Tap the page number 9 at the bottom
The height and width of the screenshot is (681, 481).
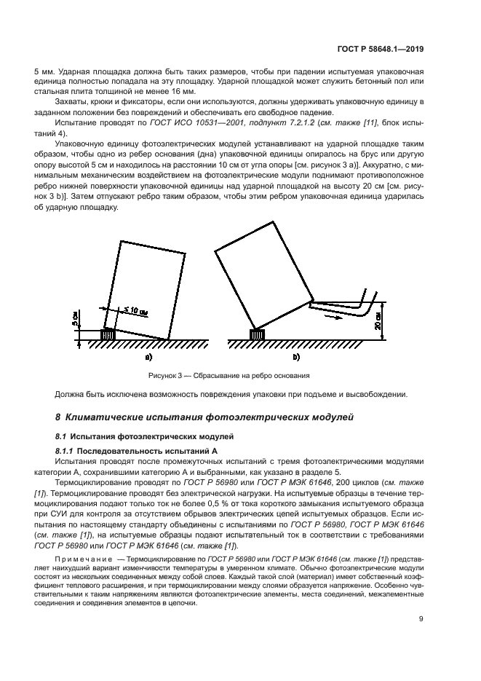(421, 619)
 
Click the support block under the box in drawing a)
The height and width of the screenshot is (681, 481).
(109, 334)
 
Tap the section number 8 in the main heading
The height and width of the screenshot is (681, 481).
(58, 417)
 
